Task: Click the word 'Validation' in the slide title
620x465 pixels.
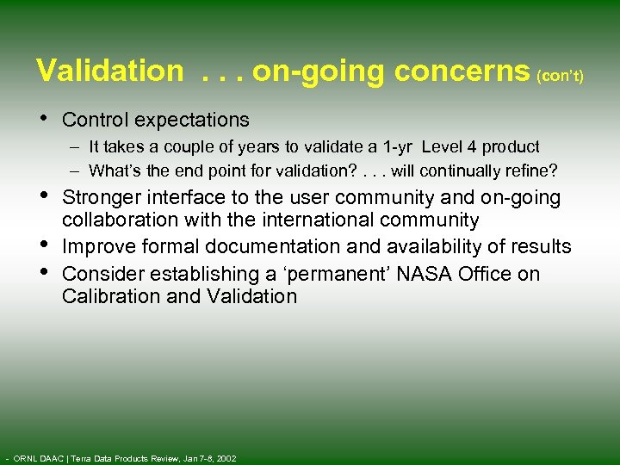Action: [109, 71]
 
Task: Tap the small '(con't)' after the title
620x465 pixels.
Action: [560, 77]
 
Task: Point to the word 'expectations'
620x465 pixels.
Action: [195, 120]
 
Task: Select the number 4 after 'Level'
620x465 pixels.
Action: [472, 147]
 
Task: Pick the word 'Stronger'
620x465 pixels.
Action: [101, 198]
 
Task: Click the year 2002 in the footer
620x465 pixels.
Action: [226, 458]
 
